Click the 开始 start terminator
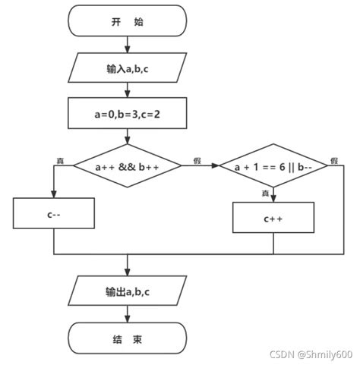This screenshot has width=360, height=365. coord(127,20)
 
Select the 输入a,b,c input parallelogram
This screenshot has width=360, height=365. coord(127,68)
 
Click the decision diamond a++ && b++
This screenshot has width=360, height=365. coord(127,165)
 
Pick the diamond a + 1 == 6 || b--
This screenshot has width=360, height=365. coord(273,165)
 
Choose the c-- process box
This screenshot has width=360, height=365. coord(54,214)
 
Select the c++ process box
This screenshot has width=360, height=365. coord(273,219)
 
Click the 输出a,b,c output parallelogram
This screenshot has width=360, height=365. coord(127,291)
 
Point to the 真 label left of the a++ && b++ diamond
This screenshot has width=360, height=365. coord(60,160)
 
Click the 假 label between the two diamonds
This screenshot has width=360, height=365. coord(197,160)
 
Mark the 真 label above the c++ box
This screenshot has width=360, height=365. coord(265,194)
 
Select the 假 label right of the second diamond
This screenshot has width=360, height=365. coord(333,160)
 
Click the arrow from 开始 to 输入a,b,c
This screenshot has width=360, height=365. coord(127,44)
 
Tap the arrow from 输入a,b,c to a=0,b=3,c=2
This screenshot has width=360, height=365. coord(127,90)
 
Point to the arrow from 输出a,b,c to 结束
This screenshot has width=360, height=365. coord(127,313)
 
